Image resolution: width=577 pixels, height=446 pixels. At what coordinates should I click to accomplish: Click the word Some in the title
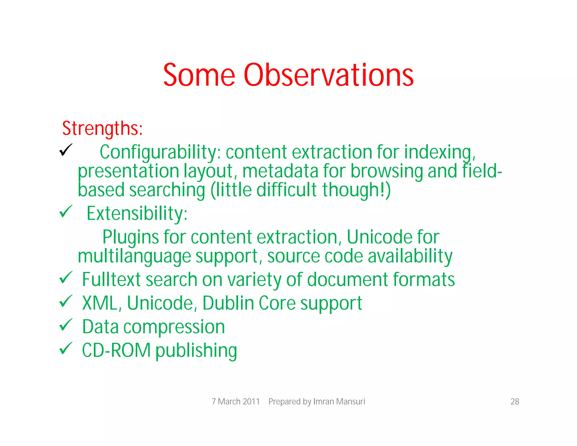[199, 75]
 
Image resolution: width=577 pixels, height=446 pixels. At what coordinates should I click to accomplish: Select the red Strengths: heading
[102, 128]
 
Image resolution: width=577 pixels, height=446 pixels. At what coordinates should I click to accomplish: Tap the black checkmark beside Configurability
[66, 150]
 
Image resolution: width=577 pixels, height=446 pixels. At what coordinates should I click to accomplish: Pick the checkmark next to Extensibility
[66, 211]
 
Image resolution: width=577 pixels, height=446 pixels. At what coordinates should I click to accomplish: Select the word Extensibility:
[137, 213]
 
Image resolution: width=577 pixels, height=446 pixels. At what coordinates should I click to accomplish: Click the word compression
[174, 327]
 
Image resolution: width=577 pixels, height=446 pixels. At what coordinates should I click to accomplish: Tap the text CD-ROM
[116, 350]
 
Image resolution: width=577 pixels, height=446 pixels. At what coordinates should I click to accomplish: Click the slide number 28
[515, 401]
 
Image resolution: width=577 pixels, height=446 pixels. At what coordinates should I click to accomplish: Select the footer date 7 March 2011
[236, 401]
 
